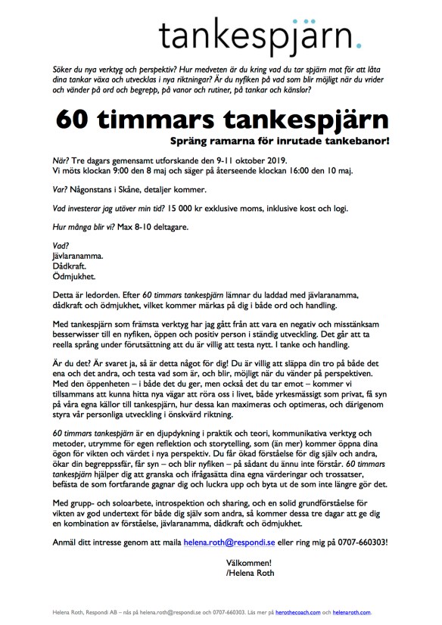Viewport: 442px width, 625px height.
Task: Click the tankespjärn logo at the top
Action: click(x=254, y=33)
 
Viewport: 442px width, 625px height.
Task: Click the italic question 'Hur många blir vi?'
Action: click(x=83, y=226)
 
